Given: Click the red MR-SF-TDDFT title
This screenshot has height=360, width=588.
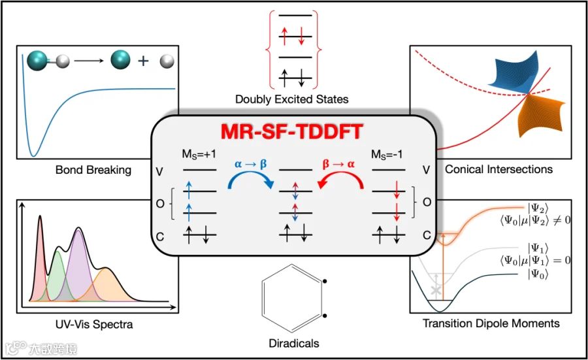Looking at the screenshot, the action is tap(292, 131).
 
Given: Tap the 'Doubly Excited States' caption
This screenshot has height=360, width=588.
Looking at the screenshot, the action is tap(292, 99).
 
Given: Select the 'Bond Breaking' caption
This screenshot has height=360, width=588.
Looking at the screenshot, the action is tap(93, 170).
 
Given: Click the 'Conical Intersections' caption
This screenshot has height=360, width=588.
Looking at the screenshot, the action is tap(498, 169).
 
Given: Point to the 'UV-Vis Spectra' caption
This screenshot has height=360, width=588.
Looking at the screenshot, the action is tap(94, 324).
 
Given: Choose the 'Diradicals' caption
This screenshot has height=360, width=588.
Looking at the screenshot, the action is tap(293, 343).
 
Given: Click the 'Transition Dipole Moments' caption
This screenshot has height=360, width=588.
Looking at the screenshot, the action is tap(491, 323).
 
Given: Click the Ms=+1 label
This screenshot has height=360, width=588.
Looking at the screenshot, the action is tap(199, 154).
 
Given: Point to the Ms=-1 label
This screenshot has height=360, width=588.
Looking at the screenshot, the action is tap(387, 154).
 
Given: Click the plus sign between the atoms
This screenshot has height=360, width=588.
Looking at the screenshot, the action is tap(143, 61).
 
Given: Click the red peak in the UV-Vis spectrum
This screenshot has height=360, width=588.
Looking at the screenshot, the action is tap(40, 259).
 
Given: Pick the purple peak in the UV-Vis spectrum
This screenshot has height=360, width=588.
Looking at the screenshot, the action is tap(78, 263).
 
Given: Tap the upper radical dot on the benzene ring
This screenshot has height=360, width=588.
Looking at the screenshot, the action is tap(325, 281).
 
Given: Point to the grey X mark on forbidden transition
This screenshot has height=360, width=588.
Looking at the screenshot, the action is tap(435, 291).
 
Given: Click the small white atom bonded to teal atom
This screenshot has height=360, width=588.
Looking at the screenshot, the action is tap(63, 61).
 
